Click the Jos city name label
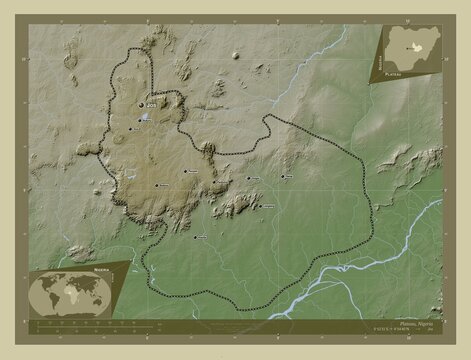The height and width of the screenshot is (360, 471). [x=151, y=102]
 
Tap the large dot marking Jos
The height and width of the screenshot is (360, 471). [x=140, y=102]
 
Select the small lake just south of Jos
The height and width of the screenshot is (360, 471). [x=147, y=118]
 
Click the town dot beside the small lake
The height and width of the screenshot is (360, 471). [x=138, y=124]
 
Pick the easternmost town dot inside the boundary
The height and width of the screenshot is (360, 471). [x=283, y=175]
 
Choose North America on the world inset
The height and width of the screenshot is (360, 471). [x=45, y=284]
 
